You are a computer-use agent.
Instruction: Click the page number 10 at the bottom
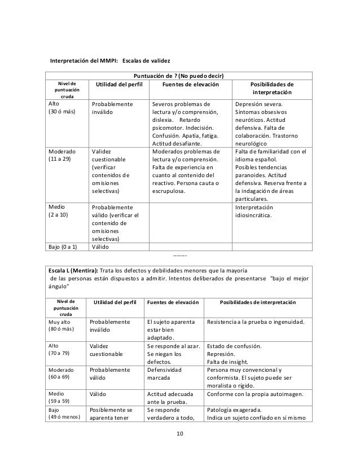[180, 433]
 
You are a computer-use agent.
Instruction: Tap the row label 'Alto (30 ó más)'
[59, 108]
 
